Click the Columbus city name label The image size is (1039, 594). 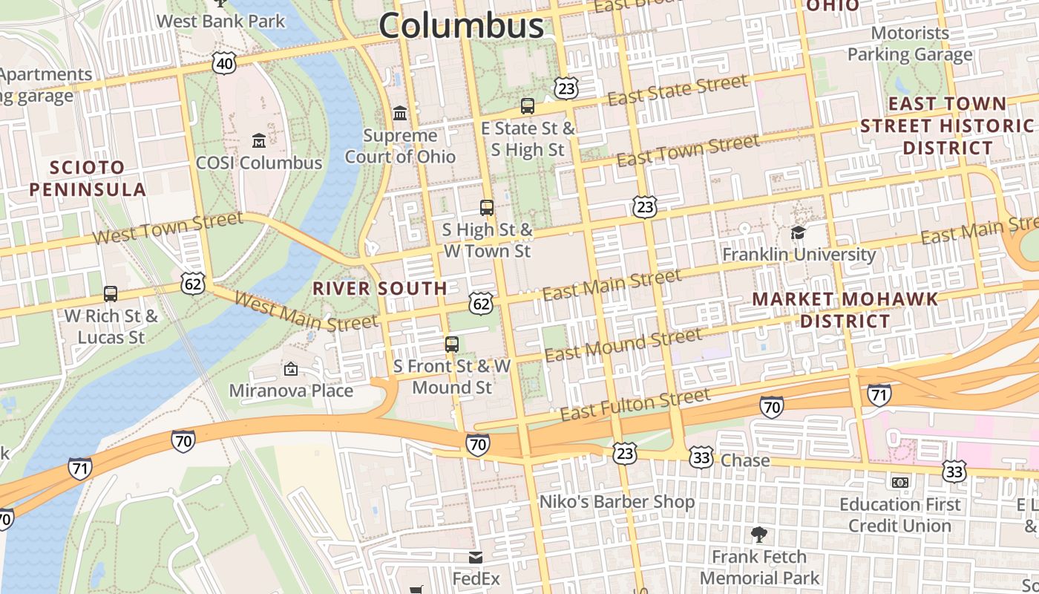(x=461, y=25)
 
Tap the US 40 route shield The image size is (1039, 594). (x=223, y=64)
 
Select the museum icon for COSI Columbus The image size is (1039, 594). (x=259, y=140)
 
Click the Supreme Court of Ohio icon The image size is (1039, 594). (x=400, y=114)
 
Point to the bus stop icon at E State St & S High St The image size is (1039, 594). (x=528, y=106)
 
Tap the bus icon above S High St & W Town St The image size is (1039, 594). (x=487, y=208)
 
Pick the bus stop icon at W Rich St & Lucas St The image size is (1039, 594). (x=111, y=294)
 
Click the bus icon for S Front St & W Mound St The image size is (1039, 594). (x=451, y=345)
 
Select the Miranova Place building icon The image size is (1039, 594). (x=291, y=368)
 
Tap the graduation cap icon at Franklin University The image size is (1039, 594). (x=799, y=232)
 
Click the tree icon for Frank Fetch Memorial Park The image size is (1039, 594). (x=758, y=535)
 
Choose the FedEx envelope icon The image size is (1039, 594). (x=476, y=558)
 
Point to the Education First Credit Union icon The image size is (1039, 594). (x=899, y=483)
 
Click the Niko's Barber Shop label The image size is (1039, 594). (x=617, y=502)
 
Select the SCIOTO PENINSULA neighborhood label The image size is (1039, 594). (x=88, y=178)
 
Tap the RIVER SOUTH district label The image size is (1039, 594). (x=380, y=288)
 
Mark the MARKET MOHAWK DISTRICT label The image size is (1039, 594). (x=845, y=310)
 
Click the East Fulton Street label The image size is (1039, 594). (x=635, y=405)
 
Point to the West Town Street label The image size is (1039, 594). (x=168, y=228)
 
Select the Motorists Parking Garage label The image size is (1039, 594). (x=910, y=44)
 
